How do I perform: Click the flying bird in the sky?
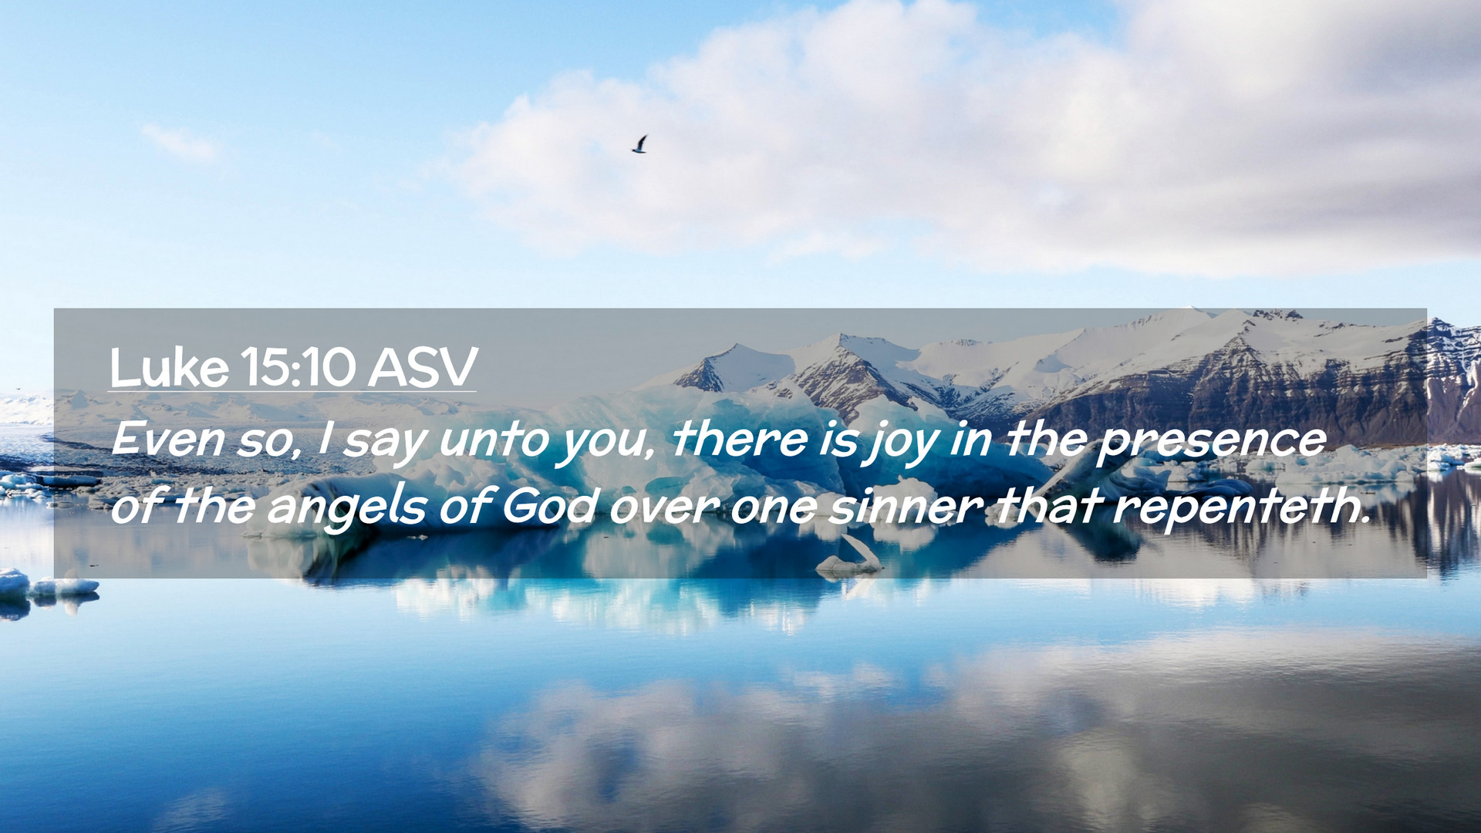[639, 144]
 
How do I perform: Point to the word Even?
[167, 440]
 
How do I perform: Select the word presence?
[1212, 443]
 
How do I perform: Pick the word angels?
[346, 509]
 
